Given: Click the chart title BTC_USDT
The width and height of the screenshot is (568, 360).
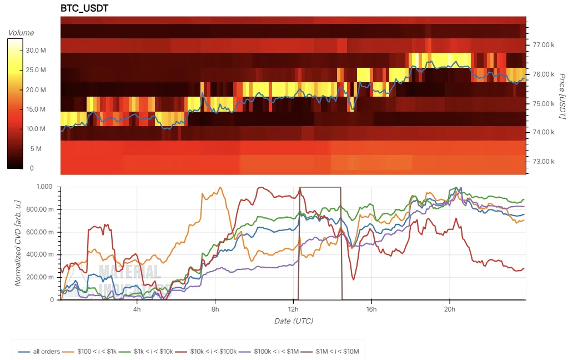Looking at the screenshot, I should click(x=84, y=8).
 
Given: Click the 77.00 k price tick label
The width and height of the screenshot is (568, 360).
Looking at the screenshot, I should click(x=544, y=44).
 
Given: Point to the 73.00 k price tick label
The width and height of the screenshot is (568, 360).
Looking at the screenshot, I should click(x=544, y=162).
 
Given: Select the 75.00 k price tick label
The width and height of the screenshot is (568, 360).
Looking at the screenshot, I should click(x=544, y=103).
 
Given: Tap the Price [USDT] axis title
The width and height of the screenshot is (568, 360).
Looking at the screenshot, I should click(x=561, y=95).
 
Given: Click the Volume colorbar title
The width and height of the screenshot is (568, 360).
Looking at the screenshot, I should click(x=21, y=33).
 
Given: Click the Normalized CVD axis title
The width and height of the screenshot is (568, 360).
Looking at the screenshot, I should click(x=18, y=243).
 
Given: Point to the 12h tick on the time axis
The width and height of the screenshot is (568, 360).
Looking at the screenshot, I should click(x=293, y=309).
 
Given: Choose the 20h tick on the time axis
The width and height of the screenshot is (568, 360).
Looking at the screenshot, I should click(x=450, y=309).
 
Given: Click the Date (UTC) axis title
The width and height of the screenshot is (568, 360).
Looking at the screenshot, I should click(x=293, y=321).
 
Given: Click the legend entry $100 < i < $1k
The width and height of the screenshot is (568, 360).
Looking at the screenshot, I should click(x=94, y=351).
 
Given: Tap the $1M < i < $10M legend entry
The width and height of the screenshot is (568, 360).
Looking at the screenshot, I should click(x=334, y=351).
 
